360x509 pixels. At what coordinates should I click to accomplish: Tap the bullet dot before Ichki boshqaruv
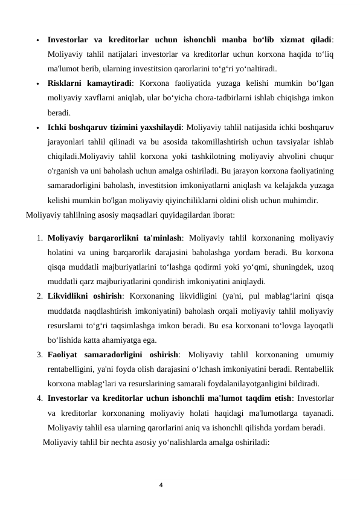pos(37,128)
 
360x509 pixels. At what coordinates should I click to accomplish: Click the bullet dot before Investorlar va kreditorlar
pos(37,41)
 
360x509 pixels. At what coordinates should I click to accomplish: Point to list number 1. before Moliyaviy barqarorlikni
pos(39,238)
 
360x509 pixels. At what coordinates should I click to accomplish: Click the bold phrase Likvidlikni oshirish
pos(84,296)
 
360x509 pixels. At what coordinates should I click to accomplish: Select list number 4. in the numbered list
pos(39,398)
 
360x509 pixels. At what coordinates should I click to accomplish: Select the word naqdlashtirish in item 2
pos(118,311)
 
